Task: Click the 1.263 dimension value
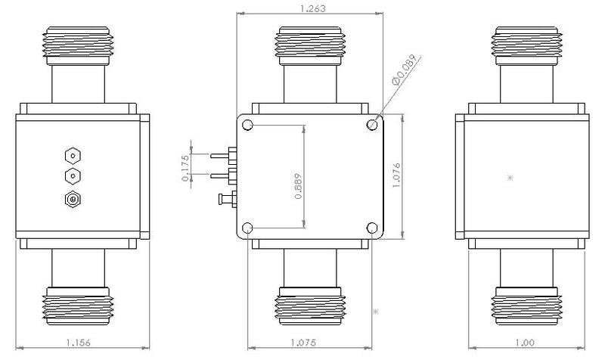point(312,8)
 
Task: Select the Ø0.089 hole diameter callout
point(405,70)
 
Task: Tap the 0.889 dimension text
point(298,186)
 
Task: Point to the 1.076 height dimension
point(396,175)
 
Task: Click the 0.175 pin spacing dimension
point(185,168)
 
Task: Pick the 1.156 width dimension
point(79,343)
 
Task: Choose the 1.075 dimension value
point(303,343)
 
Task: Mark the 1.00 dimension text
point(525,343)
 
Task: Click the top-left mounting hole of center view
point(247,125)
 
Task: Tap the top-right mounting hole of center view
point(372,125)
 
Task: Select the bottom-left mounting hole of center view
point(247,228)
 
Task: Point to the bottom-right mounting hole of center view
point(372,228)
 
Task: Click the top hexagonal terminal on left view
point(73,156)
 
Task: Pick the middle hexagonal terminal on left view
point(73,177)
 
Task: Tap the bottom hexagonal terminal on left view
point(73,200)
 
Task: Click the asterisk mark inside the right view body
point(510,178)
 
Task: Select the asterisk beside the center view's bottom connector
point(375,312)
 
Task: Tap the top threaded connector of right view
point(526,45)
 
